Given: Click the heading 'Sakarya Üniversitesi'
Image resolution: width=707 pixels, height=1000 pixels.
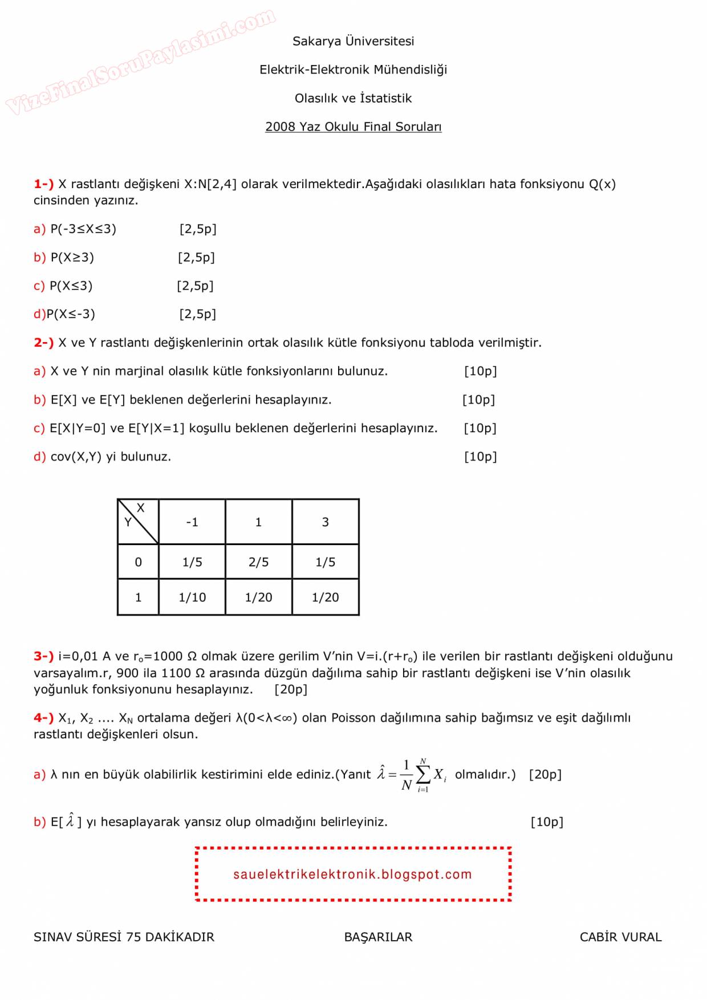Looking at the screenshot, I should click(x=353, y=41).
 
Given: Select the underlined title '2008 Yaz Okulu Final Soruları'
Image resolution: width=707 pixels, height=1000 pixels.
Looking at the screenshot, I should click(x=353, y=127).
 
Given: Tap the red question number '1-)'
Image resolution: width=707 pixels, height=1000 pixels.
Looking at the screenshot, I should click(x=43, y=184).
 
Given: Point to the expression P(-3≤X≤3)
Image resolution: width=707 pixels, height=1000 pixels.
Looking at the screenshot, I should click(x=83, y=229).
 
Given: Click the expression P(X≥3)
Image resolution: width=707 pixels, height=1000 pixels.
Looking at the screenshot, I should click(x=72, y=258).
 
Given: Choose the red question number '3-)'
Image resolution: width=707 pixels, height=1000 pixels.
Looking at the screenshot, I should click(x=43, y=656).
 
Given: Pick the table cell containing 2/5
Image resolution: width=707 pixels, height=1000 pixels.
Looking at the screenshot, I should click(x=258, y=562).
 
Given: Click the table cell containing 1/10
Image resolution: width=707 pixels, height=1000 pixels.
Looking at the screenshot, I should click(x=192, y=597).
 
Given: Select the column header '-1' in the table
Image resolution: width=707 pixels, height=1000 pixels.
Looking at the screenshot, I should click(x=192, y=522).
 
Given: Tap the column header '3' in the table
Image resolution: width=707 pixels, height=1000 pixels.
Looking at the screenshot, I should click(x=325, y=522).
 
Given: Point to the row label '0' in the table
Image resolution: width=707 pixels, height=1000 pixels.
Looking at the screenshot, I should click(x=138, y=562).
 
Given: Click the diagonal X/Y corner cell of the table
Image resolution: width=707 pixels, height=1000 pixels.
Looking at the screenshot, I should click(x=138, y=521).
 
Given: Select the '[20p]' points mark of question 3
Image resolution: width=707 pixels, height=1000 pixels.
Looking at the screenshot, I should click(x=291, y=689).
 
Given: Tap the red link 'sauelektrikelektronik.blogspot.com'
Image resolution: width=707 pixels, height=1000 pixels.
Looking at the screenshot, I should click(x=352, y=875).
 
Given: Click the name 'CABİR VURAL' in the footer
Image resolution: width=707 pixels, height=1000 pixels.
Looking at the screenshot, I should click(x=620, y=937).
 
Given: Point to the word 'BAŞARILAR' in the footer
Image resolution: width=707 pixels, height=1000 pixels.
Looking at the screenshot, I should click(x=378, y=937).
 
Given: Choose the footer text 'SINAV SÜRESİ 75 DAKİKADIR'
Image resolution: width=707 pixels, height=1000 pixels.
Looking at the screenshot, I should click(x=124, y=937).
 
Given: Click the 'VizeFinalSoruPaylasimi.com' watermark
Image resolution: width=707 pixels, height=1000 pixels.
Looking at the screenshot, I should click(x=140, y=61).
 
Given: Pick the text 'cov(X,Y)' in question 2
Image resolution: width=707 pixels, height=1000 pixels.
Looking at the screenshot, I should click(x=76, y=457).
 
